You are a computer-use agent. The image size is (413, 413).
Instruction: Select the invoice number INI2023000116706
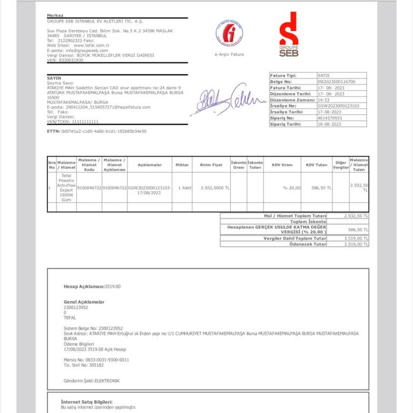click(x=336, y=82)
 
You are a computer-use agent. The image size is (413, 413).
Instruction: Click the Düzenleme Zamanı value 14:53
click(x=324, y=100)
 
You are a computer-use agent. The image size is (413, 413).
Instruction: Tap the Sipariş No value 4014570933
click(x=330, y=118)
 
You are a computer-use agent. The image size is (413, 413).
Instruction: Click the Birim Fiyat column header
click(x=211, y=165)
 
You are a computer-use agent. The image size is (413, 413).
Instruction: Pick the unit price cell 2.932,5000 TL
click(x=215, y=188)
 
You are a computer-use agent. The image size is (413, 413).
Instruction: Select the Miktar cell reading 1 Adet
click(x=185, y=188)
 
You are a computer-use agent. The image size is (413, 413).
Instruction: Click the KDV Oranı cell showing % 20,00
click(x=292, y=188)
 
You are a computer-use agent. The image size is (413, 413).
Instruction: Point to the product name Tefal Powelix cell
click(x=66, y=188)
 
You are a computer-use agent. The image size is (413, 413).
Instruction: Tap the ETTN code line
click(x=97, y=131)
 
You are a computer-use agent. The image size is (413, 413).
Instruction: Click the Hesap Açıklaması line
click(x=92, y=287)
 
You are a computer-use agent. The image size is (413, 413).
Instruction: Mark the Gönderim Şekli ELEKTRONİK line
click(x=91, y=381)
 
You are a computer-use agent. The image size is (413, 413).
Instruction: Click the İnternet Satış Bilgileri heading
click(x=87, y=402)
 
